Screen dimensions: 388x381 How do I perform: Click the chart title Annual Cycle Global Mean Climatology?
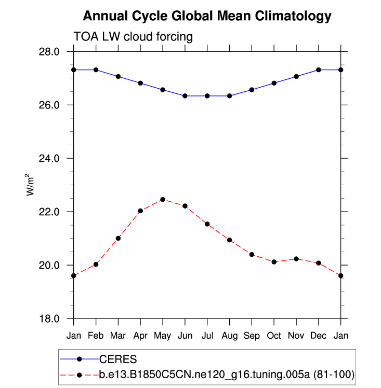pyautogui.click(x=207, y=16)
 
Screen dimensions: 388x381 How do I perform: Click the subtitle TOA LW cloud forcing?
pyautogui.click(x=133, y=37)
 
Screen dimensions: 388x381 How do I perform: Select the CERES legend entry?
pyautogui.click(x=118, y=358)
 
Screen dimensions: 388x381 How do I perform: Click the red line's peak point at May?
pyautogui.click(x=163, y=199)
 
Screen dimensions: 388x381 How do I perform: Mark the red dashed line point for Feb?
pyautogui.click(x=96, y=265)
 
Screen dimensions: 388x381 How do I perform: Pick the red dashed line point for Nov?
pyautogui.click(x=296, y=258)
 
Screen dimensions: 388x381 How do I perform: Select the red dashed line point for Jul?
pyautogui.click(x=207, y=224)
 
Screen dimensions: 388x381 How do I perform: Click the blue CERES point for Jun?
pyautogui.click(x=185, y=96)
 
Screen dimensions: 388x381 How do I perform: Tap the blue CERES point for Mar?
pyautogui.click(x=119, y=76)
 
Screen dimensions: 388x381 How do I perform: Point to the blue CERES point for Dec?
pyautogui.click(x=319, y=70)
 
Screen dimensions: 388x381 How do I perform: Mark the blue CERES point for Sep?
pyautogui.click(x=252, y=90)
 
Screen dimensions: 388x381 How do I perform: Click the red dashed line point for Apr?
pyautogui.click(x=140, y=211)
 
